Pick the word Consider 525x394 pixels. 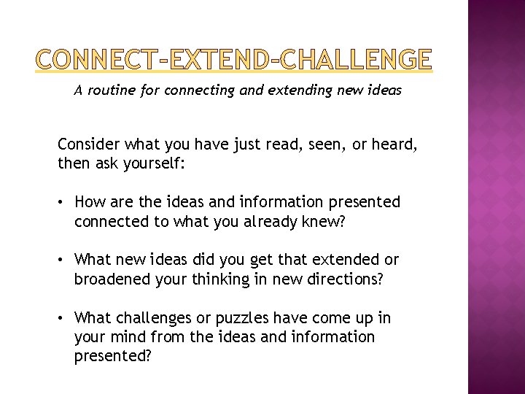coord(85,147)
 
